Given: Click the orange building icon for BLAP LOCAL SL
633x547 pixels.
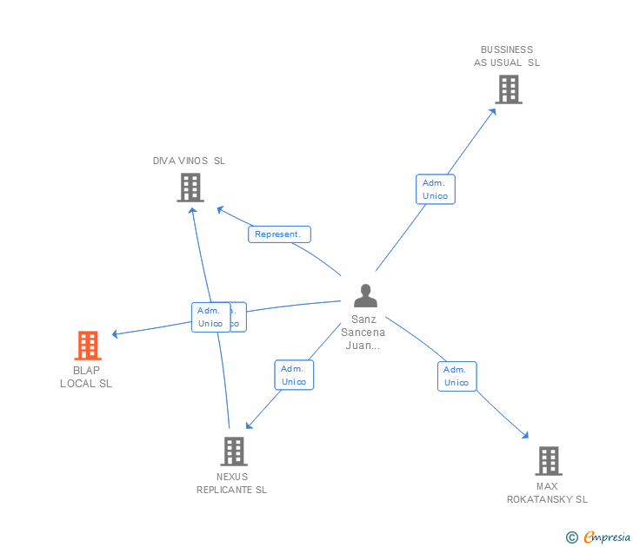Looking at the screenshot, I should click(87, 346).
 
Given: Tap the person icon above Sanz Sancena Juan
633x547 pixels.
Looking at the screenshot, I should click(365, 296).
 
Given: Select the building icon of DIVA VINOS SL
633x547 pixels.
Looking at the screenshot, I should click(190, 187).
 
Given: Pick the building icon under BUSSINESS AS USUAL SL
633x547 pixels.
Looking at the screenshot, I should click(508, 89).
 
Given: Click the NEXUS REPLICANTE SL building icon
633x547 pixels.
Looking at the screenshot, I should click(233, 451).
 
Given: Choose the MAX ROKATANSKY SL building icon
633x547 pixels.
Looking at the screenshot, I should click(548, 460).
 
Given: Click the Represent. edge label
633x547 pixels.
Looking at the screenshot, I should click(279, 234).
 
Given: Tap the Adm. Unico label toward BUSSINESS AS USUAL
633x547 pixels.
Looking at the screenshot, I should click(435, 189).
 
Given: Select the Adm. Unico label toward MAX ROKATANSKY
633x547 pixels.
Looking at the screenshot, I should click(456, 376).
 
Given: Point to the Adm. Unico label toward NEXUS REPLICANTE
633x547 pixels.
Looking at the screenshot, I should click(294, 375).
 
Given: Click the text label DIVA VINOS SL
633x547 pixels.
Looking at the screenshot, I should click(189, 161).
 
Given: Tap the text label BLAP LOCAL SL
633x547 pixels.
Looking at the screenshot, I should click(86, 377).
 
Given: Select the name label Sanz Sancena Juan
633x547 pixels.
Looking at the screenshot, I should click(363, 332).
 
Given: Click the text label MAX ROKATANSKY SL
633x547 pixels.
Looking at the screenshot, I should click(547, 492).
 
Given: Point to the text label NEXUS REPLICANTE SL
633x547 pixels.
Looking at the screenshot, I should click(231, 484).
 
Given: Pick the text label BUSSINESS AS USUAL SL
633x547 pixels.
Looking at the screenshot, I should click(507, 56).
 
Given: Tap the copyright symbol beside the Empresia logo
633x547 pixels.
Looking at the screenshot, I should click(572, 538).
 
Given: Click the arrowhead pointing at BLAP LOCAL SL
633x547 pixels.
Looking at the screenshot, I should click(116, 333).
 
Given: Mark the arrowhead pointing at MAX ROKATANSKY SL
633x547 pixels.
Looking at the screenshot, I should click(525, 435).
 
